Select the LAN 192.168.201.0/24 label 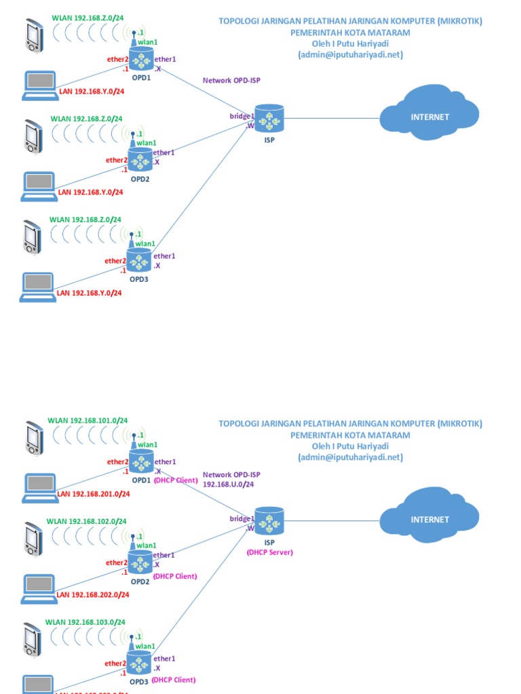point(93,494)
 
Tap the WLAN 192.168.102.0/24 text point(86,521)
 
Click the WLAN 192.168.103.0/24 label point(85,621)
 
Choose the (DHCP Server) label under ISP point(269,552)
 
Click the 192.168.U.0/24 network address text point(229,485)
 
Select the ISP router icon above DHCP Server point(269,520)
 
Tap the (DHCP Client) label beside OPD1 point(175,480)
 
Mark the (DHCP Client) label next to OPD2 point(175,576)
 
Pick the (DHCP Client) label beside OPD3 point(174,680)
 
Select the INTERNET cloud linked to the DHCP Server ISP point(429,519)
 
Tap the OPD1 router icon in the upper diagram point(140,61)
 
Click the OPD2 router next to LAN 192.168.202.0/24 point(140,563)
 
